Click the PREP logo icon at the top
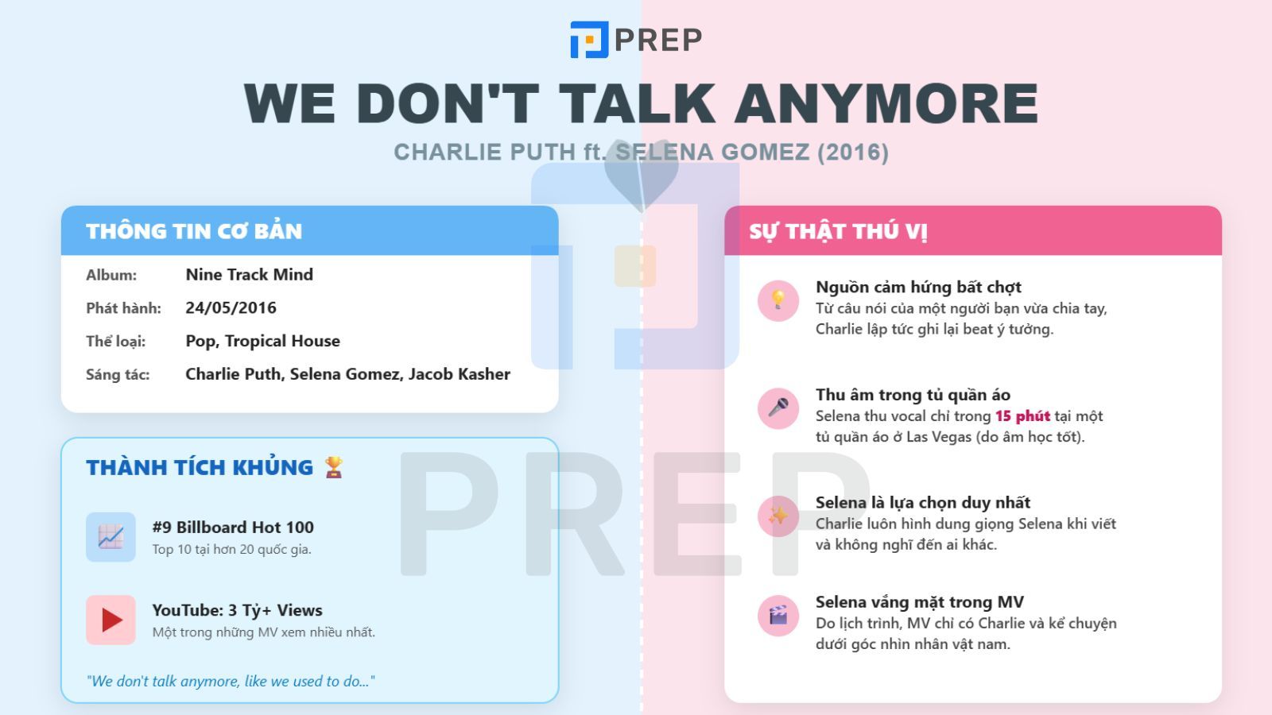coord(589,40)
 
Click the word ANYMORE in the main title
coord(886,103)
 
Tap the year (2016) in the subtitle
coord(853,152)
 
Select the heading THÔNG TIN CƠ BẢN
coord(194,231)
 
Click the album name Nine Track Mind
coord(250,275)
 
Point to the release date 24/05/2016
coord(231,307)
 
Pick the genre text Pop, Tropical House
coord(263,341)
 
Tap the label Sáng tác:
coord(118,374)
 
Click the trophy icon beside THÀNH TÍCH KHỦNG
coord(334,467)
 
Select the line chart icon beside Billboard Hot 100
coord(111,537)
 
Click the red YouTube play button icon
coord(111,620)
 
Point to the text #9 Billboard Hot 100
coord(233,528)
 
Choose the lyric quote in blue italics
coord(231,681)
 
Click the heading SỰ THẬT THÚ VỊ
coord(838,231)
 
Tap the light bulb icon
coord(778,300)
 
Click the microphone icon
coord(778,408)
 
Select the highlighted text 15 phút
coord(1022,416)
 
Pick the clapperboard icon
coord(778,615)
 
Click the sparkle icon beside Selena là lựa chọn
coord(778,516)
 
